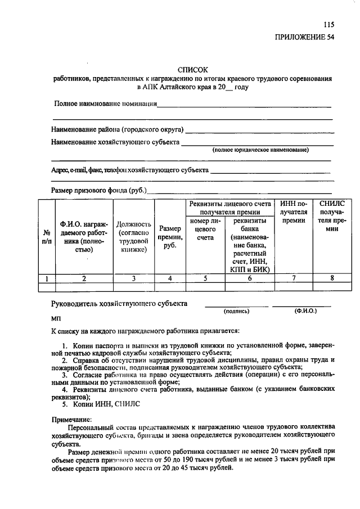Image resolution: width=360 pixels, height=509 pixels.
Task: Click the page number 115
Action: point(329,24)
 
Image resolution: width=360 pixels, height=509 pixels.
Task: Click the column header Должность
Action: point(133,237)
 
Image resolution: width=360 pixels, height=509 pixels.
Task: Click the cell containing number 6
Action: point(249,278)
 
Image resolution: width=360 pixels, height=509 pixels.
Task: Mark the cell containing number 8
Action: point(332,278)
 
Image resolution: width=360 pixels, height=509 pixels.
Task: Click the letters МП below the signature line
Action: point(56,318)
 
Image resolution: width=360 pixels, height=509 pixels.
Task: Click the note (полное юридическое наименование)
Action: point(260,150)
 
